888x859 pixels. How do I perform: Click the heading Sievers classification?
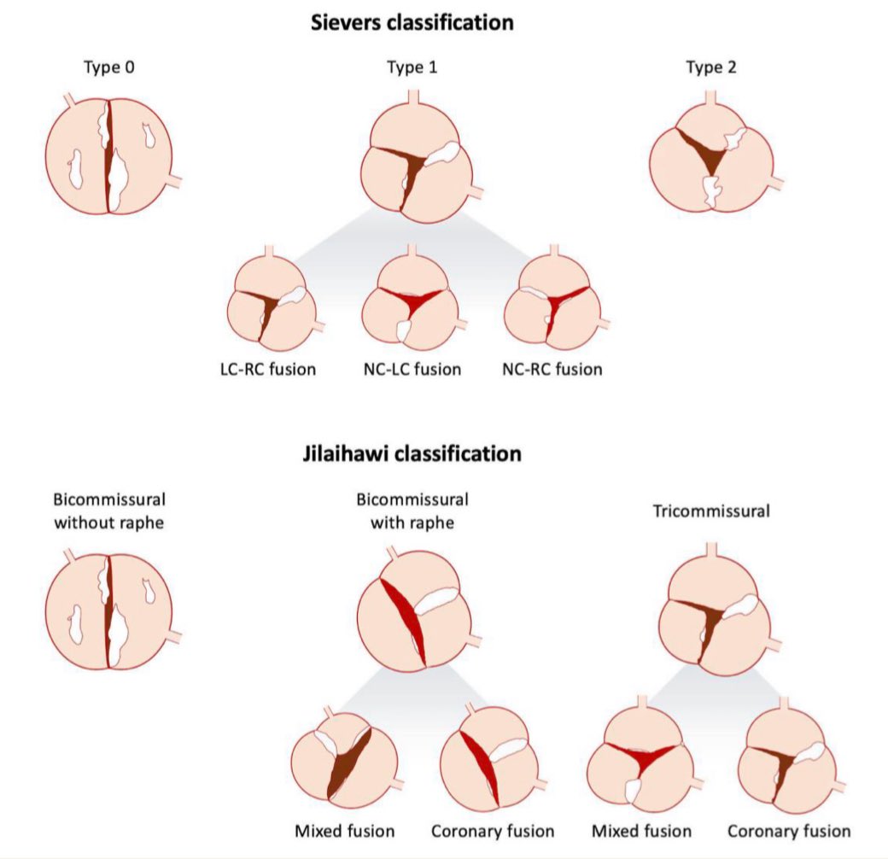[x=412, y=22]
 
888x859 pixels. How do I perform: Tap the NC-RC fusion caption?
[x=552, y=369]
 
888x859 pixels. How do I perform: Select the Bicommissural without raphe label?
[x=108, y=510]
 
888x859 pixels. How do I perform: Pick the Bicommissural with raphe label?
[x=419, y=510]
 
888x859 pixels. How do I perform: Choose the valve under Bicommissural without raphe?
[x=108, y=614]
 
